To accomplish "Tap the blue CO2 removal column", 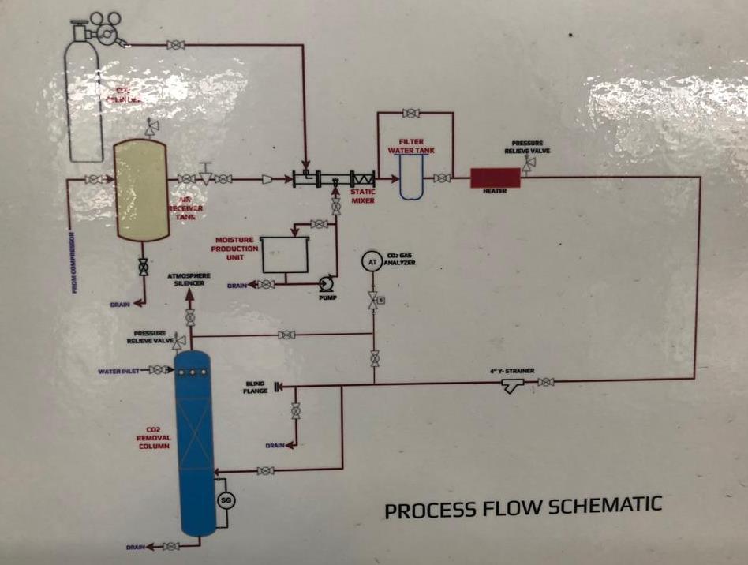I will click(193, 446).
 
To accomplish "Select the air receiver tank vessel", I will click(143, 190).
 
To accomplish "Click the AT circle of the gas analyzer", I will click(369, 262).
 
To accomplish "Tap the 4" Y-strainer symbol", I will click(513, 385).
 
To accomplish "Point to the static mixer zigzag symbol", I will click(364, 179).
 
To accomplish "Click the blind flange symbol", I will click(278, 387).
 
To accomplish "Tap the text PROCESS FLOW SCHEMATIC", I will click(523, 507).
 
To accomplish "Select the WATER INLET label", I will click(118, 370).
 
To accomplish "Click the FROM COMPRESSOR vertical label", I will click(74, 261).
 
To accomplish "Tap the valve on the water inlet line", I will click(156, 370).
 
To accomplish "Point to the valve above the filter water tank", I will click(410, 114).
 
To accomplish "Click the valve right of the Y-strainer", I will click(545, 383).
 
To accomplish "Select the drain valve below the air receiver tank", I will click(143, 267).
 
